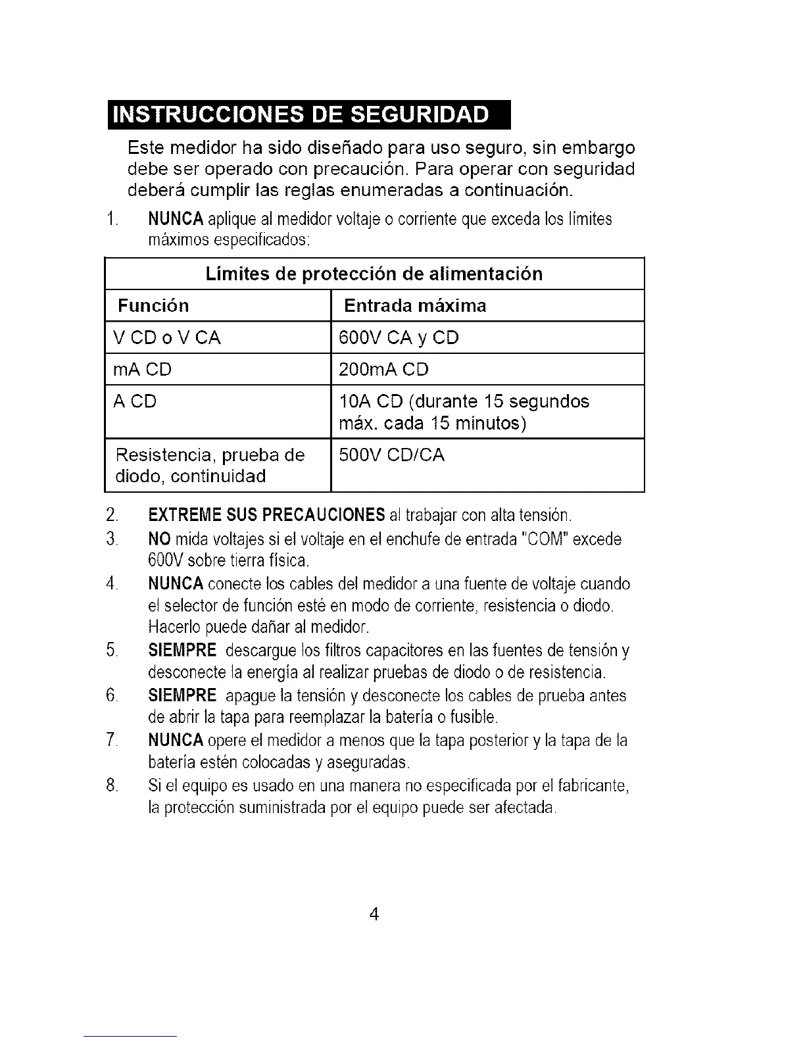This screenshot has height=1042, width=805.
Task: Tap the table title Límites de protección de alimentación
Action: (x=374, y=274)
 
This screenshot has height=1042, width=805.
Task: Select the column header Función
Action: (x=153, y=306)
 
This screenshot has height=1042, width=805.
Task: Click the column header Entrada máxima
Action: (x=415, y=306)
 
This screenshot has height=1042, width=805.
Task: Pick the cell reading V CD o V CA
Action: (x=167, y=338)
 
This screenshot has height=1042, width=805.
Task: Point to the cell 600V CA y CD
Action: (x=398, y=338)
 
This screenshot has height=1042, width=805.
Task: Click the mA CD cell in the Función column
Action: (x=142, y=370)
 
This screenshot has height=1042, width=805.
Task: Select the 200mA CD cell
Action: (x=383, y=370)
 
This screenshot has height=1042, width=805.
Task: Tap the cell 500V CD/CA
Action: (x=391, y=455)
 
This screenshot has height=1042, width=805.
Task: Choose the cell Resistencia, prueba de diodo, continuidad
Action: (x=209, y=465)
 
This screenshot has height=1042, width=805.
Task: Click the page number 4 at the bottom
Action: (x=374, y=914)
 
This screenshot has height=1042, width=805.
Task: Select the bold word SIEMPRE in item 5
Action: (x=182, y=651)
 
